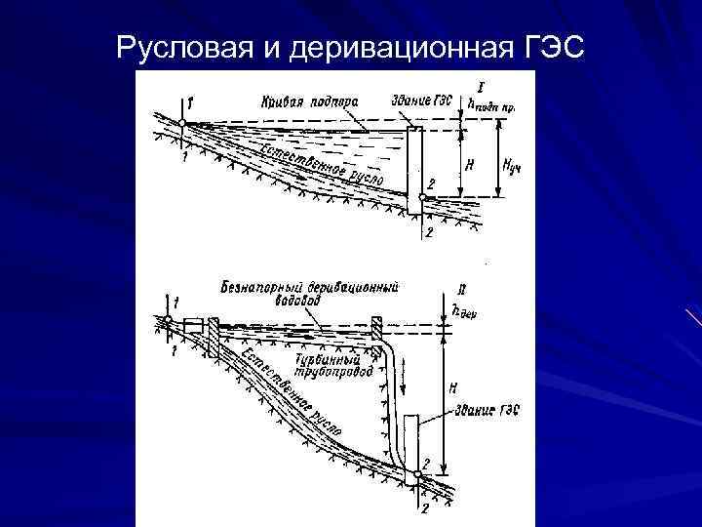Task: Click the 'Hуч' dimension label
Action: click(510, 166)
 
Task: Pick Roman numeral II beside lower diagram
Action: click(460, 290)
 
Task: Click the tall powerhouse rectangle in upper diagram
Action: click(413, 166)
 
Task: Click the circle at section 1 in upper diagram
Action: click(182, 121)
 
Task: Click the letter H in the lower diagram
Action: click(452, 388)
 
